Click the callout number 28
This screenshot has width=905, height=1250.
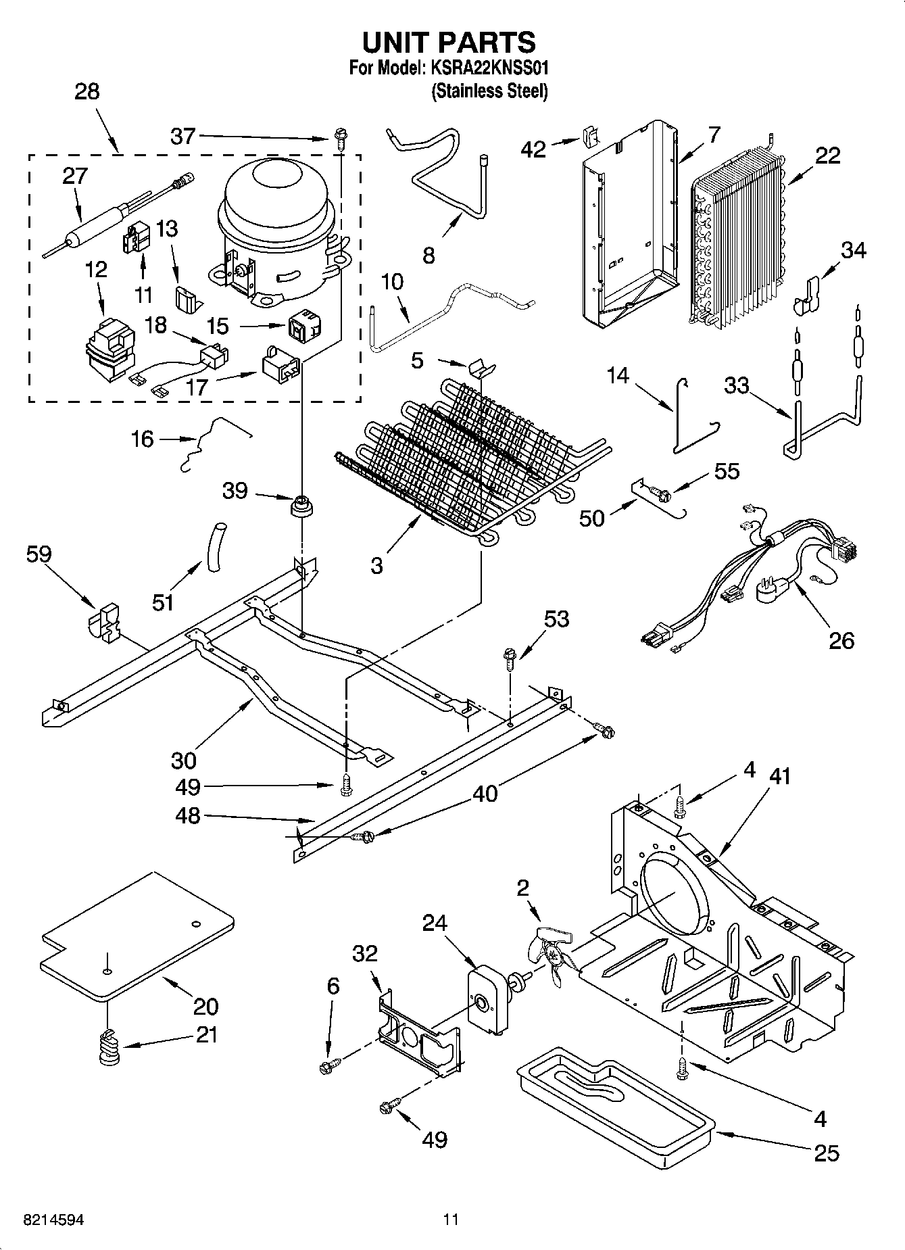[87, 92]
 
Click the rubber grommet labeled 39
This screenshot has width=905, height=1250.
[301, 506]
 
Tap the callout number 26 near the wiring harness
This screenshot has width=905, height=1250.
[841, 640]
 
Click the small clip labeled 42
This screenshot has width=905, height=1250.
[589, 137]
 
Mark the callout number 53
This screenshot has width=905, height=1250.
[556, 619]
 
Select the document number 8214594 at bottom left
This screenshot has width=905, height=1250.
[55, 1220]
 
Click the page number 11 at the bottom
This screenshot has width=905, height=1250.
[451, 1219]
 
